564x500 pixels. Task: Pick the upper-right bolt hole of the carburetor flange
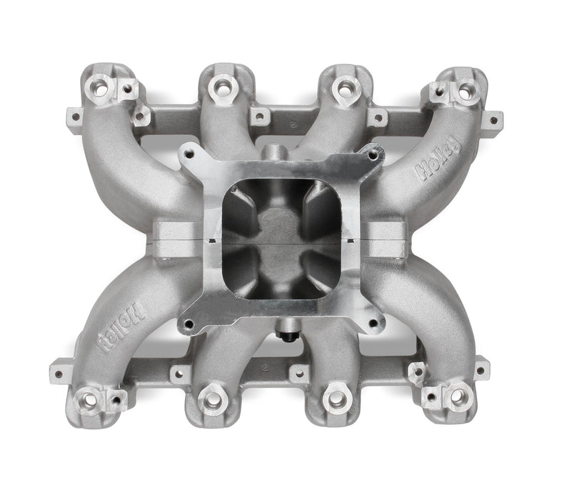pos(372,152)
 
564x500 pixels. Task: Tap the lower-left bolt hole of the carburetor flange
pos(188,324)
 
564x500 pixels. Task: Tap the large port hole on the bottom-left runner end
pos(91,397)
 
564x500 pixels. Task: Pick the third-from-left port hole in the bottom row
pos(333,398)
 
